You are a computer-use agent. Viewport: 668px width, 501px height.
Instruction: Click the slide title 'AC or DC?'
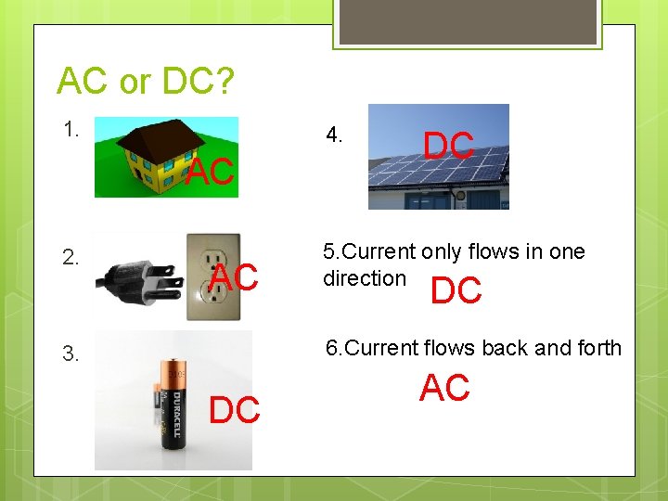click(x=146, y=83)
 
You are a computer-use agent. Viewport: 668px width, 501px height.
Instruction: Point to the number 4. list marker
click(x=335, y=135)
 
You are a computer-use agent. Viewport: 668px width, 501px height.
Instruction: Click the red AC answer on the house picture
click(x=211, y=172)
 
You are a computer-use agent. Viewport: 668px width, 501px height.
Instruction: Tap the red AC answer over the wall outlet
click(x=234, y=276)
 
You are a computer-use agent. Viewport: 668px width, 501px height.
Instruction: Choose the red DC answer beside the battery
click(x=235, y=409)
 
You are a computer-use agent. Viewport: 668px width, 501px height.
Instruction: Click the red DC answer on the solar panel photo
click(x=449, y=146)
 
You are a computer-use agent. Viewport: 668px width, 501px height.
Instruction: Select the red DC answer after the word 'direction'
click(x=456, y=291)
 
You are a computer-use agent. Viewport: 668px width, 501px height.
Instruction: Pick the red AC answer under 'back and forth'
click(x=444, y=389)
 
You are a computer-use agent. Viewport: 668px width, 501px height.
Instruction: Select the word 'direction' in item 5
click(x=364, y=278)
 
